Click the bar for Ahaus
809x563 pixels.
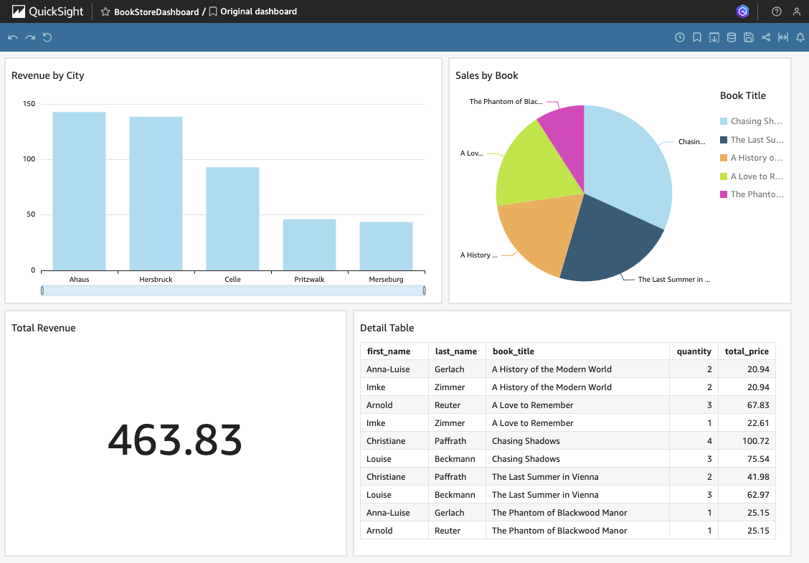[x=79, y=191]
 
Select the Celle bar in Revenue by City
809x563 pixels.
[x=232, y=218]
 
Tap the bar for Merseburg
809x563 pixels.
[x=386, y=245]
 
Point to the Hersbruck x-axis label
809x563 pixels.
[x=156, y=279]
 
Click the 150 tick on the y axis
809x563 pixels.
[x=29, y=104]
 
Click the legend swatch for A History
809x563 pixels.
[x=724, y=158]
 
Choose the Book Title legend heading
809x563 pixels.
[x=742, y=95]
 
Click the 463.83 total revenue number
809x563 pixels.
[x=175, y=440]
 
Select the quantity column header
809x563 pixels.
[x=694, y=351]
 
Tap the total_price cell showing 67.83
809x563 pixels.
[x=749, y=405]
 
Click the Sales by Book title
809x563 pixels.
[x=486, y=75]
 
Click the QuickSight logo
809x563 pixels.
[x=47, y=11]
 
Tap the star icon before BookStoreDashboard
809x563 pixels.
[x=105, y=11]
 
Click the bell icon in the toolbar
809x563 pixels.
[x=800, y=37]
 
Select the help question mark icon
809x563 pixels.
[x=776, y=11]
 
